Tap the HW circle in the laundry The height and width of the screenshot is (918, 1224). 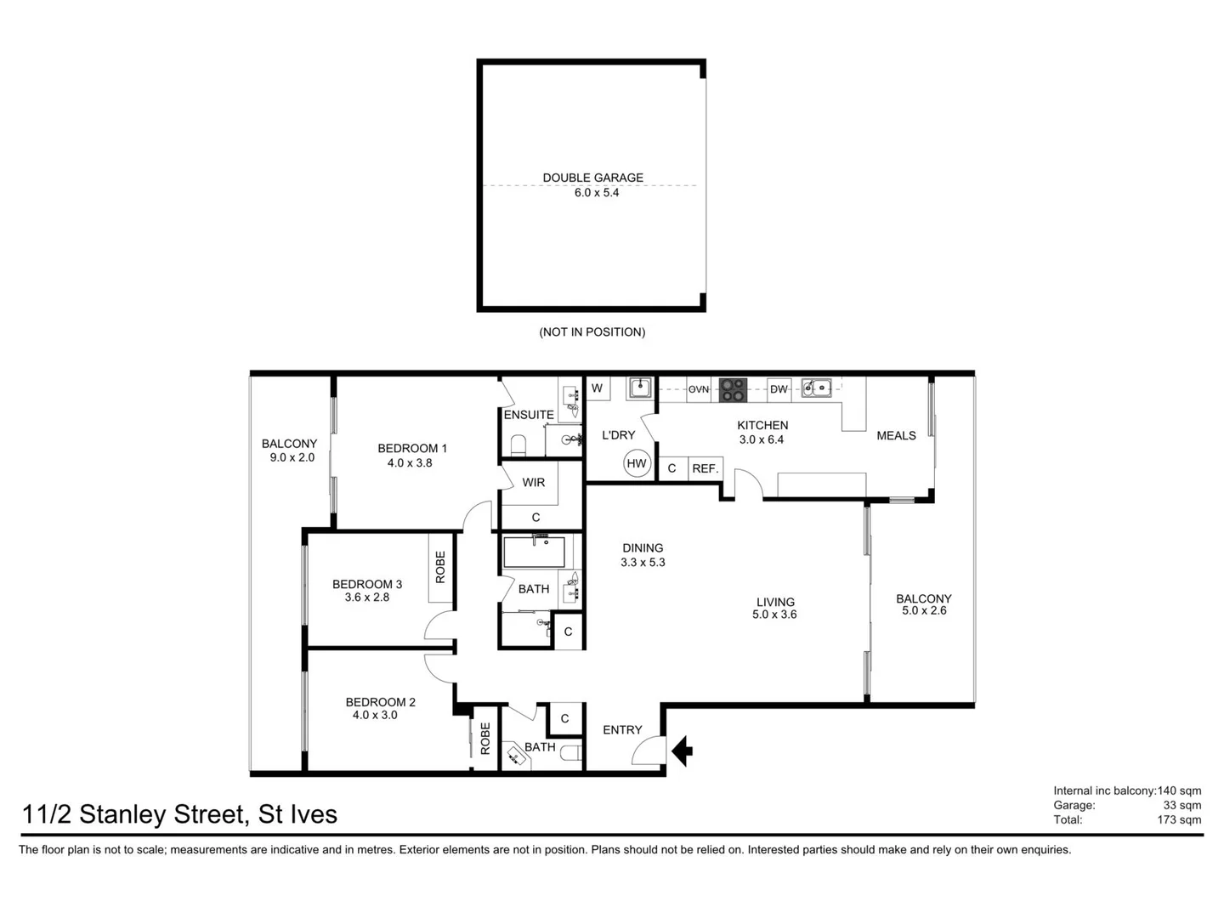point(637,463)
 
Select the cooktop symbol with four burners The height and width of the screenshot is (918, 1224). point(734,389)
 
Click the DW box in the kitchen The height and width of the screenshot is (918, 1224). point(779,389)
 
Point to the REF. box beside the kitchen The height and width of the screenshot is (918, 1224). point(705,468)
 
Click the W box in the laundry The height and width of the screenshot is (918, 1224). point(597,388)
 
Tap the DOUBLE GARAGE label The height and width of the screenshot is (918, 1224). point(592,178)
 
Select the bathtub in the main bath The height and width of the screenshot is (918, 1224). point(535,552)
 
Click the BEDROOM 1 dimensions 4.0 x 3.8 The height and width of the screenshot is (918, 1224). point(410,463)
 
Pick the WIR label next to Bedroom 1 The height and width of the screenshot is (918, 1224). point(534,483)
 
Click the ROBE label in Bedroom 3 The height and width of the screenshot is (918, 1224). point(440,567)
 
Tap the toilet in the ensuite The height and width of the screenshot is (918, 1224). point(518,445)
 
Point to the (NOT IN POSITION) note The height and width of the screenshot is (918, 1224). point(592,332)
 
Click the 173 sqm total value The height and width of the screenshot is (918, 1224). point(1179,820)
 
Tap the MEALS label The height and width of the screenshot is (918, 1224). point(896,435)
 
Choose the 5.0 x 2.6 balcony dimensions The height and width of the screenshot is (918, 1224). point(924,611)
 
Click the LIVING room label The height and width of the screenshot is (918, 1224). point(774,602)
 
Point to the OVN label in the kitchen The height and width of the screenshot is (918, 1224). point(699,389)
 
